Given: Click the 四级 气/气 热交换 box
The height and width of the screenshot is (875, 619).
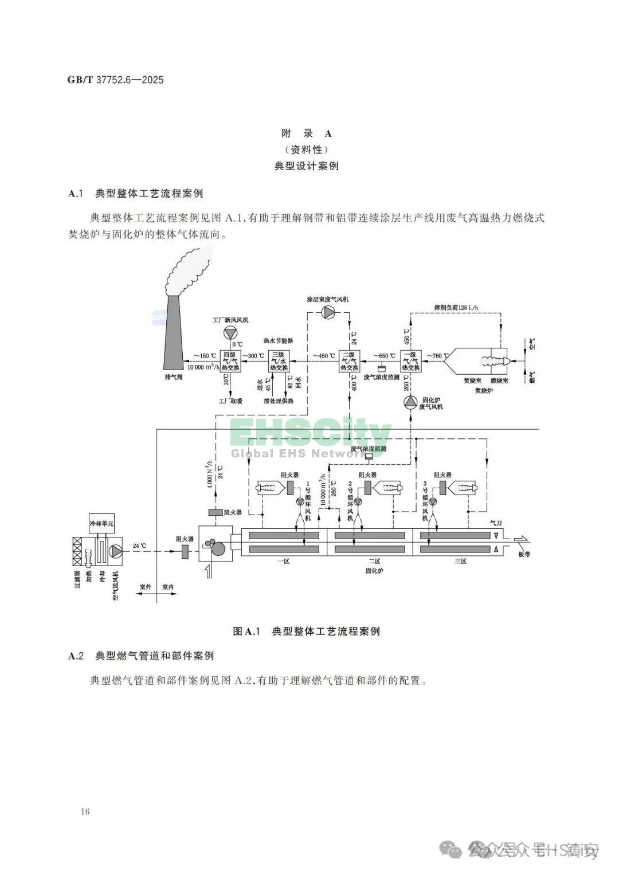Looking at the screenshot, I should [x=230, y=362].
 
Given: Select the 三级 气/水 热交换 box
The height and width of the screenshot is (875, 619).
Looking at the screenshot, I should [x=279, y=362].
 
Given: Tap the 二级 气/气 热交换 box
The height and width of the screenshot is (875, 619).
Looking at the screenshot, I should [x=350, y=362].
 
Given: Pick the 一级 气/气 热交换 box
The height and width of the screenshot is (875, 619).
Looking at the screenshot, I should [x=411, y=362].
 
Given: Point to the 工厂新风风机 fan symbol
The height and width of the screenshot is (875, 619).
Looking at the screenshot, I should [x=230, y=333].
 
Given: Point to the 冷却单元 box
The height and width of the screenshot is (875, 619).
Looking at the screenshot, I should [x=101, y=523].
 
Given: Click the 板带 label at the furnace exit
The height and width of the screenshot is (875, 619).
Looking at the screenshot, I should [x=523, y=555].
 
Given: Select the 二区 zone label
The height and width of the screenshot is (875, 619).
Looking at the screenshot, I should [x=374, y=561].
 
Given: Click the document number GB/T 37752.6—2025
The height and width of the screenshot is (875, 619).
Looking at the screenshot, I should [x=115, y=80].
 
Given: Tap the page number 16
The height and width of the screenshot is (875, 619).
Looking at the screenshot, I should [x=85, y=811].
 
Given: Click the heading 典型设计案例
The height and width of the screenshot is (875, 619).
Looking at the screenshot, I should [x=307, y=166].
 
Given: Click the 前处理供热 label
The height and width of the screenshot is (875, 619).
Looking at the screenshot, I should [x=279, y=401].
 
